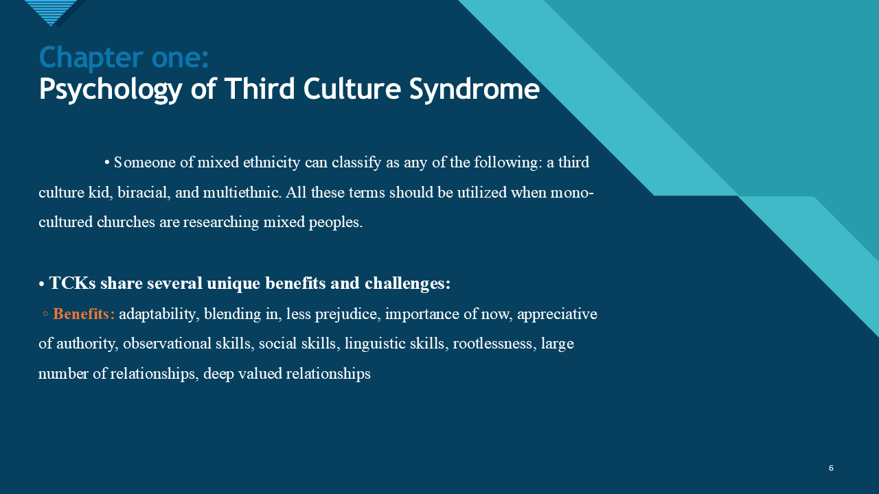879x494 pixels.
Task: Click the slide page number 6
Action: pyautogui.click(x=831, y=468)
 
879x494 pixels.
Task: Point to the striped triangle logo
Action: pyautogui.click(x=52, y=12)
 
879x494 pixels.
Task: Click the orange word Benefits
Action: pyautogui.click(x=84, y=314)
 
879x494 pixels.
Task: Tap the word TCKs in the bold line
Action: pyautogui.click(x=71, y=283)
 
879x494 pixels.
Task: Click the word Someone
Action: pyautogui.click(x=142, y=163)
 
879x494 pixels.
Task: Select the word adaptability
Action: pyautogui.click(x=157, y=314)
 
